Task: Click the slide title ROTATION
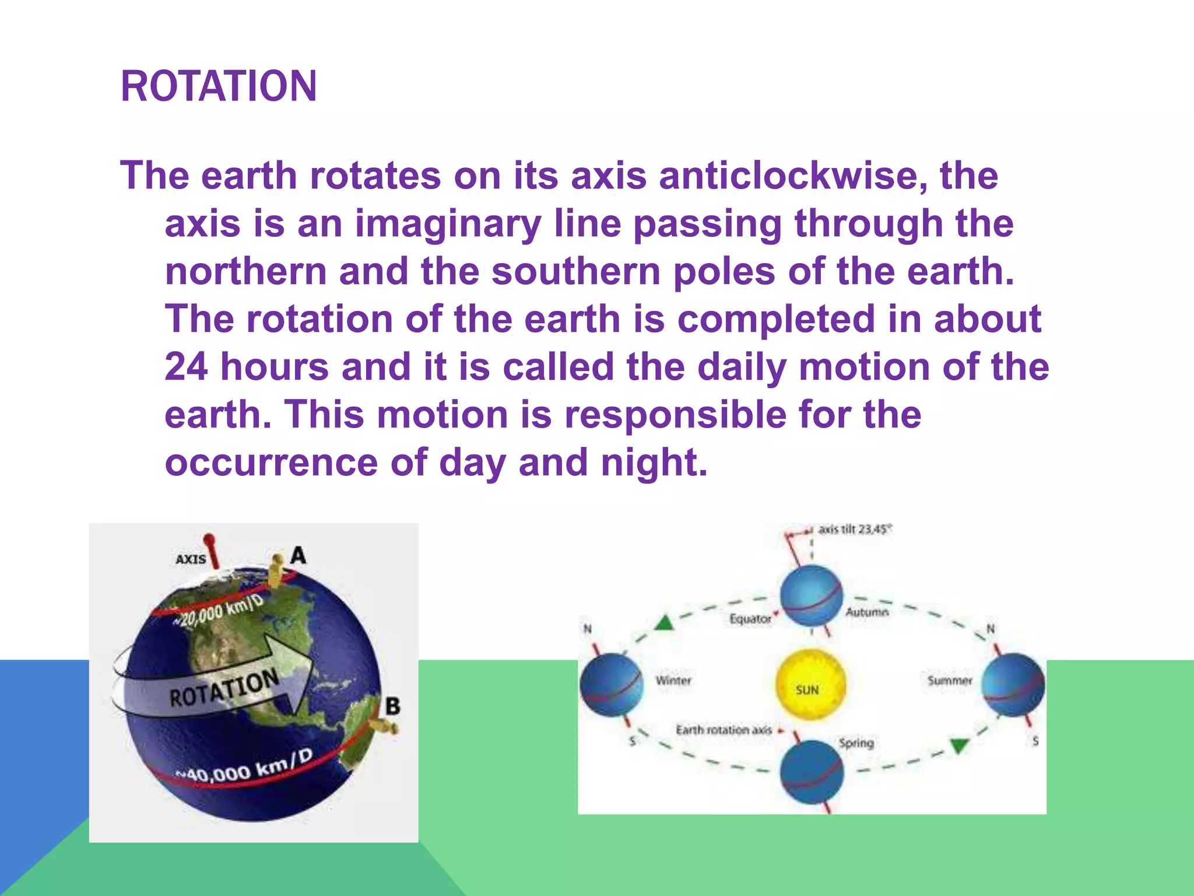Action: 219,86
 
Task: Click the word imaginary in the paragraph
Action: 448,224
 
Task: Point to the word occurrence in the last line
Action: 271,463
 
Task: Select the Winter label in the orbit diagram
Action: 673,680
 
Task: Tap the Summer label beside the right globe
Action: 950,680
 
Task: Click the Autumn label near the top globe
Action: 867,612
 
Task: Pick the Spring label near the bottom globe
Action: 856,743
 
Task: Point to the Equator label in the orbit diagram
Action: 750,618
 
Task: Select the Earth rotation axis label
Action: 724,730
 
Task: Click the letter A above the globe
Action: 298,555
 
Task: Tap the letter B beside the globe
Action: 392,706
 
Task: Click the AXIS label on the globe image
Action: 191,559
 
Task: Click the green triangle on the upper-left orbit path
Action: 664,623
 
